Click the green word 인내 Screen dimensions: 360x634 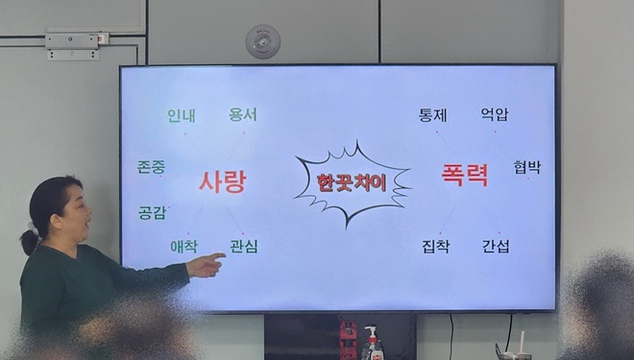pyautogui.click(x=182, y=116)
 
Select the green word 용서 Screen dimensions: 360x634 pyautogui.click(x=243, y=115)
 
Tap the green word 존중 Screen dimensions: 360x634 pyautogui.click(x=151, y=167)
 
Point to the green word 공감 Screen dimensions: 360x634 pyautogui.click(x=152, y=212)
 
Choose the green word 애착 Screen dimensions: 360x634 pyautogui.click(x=183, y=247)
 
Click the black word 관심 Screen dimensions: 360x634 pyautogui.click(x=244, y=247)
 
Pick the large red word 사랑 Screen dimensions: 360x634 pyautogui.click(x=222, y=181)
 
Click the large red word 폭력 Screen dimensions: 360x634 pyautogui.click(x=465, y=176)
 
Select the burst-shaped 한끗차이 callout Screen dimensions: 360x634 pyautogui.click(x=352, y=180)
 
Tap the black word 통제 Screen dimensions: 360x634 pyautogui.click(x=433, y=115)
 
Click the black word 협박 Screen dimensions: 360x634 pyautogui.click(x=526, y=167)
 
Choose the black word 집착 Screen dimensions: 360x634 pyautogui.click(x=435, y=247)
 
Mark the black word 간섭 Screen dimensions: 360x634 pyautogui.click(x=496, y=247)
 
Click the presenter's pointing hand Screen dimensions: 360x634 pyautogui.click(x=206, y=264)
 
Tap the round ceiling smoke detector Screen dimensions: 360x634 pyautogui.click(x=262, y=40)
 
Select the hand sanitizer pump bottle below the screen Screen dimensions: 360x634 pyautogui.click(x=372, y=343)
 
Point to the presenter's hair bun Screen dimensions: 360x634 pyautogui.click(x=30, y=242)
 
